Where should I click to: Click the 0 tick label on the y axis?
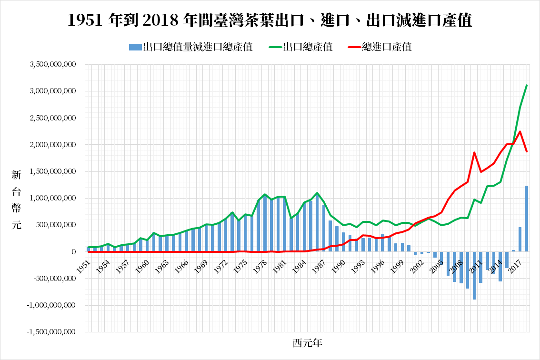point(74,252)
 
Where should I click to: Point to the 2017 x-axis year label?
point(516,267)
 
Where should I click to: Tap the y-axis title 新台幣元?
point(16,200)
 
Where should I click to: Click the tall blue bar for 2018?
point(526,219)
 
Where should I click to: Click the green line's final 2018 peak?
point(526,85)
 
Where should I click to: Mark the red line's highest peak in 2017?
point(520,131)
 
